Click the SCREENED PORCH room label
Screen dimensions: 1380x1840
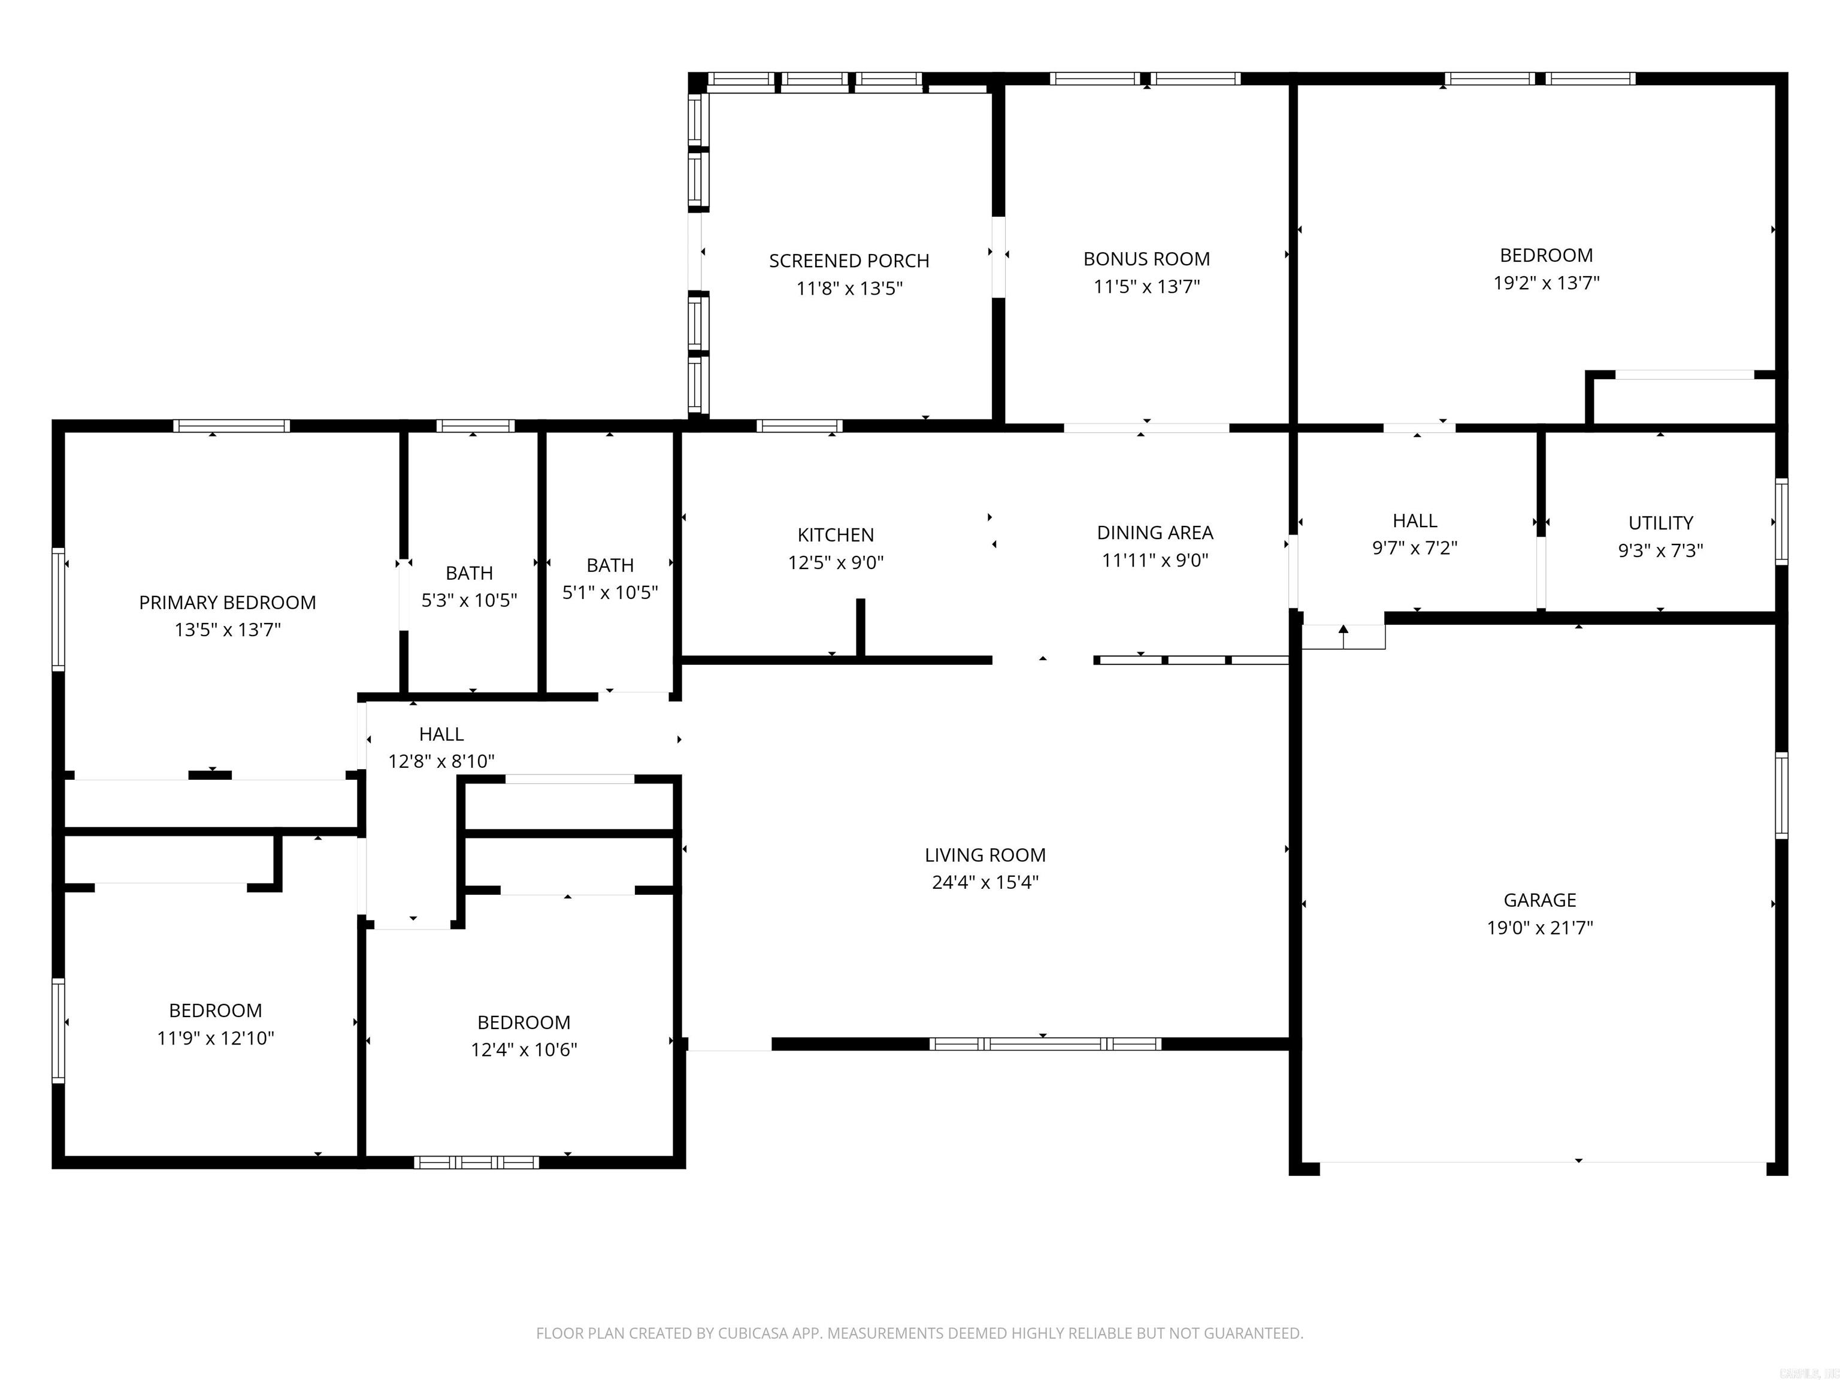coord(849,261)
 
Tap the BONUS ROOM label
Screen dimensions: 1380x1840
coord(1146,259)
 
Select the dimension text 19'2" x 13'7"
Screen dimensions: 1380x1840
coord(1545,283)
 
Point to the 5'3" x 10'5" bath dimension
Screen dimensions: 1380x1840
coord(469,601)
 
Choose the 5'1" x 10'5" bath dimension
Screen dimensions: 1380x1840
coord(610,592)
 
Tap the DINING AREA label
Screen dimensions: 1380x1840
coord(1155,532)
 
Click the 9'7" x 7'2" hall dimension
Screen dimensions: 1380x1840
coord(1414,548)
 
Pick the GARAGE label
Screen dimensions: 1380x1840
coord(1540,900)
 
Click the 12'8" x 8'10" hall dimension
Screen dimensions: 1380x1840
coord(441,761)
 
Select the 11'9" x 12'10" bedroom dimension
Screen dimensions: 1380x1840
coord(216,1038)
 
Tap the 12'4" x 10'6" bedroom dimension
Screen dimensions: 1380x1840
coord(523,1050)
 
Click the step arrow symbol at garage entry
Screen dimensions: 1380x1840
coord(1343,635)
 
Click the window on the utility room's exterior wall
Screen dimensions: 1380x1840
coord(1781,522)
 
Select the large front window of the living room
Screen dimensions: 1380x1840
coord(1044,1044)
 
